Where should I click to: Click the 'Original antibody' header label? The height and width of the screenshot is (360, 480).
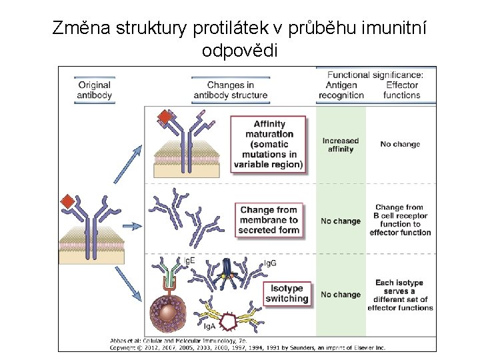coord(95,90)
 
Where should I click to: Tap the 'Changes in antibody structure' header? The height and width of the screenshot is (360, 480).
coord(230,90)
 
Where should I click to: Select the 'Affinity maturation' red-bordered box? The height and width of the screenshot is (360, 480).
coord(269,144)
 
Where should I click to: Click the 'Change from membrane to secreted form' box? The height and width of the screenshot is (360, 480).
coord(269,220)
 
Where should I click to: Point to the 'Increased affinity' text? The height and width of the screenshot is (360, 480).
coord(340,145)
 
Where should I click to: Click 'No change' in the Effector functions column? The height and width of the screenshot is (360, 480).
coord(400,144)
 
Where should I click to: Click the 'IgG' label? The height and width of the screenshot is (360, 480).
coord(271,264)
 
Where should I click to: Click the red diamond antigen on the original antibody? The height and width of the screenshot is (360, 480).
coord(67,202)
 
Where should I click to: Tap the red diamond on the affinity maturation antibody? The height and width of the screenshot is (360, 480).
coord(164,118)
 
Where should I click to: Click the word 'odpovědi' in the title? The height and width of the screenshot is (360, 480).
coord(239,51)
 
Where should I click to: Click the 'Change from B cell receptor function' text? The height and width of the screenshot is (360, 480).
coord(400,220)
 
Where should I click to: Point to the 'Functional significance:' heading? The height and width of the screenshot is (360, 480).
coord(375,75)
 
